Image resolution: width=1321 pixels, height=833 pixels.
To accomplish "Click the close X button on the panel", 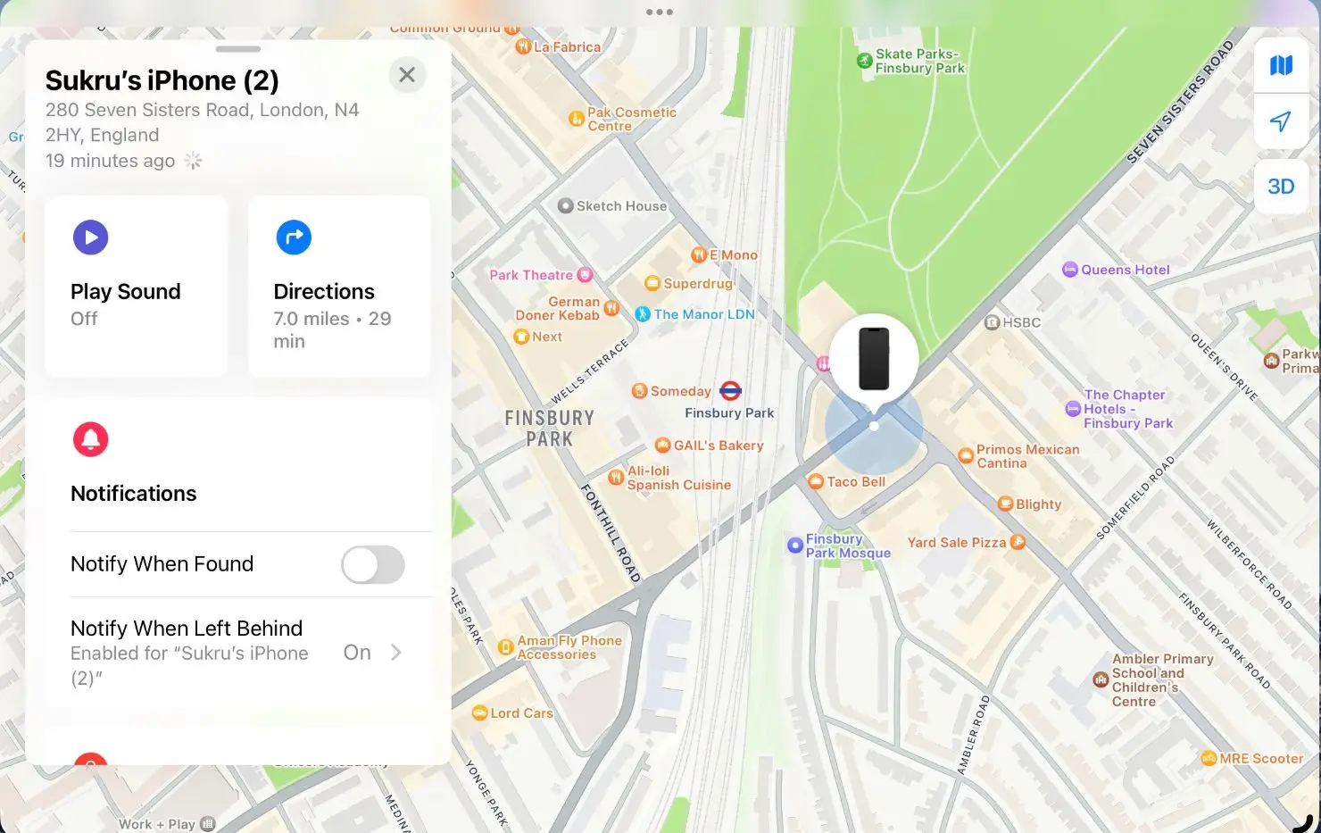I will (407, 75).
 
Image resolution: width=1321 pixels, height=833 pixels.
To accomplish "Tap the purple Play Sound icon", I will (90, 237).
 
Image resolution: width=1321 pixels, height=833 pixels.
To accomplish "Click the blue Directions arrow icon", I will (294, 237).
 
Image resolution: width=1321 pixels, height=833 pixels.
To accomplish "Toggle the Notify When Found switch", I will (373, 565).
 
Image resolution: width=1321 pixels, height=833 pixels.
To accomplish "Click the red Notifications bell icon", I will (90, 439).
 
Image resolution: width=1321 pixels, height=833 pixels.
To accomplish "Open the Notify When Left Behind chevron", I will (396, 653).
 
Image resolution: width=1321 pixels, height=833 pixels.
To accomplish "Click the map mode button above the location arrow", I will (1281, 65).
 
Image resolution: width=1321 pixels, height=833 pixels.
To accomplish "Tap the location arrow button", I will (1281, 122).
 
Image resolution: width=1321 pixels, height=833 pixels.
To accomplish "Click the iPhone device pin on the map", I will (874, 359).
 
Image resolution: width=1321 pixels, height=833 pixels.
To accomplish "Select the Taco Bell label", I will (855, 482).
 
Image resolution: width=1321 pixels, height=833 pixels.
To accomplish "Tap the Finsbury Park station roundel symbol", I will (731, 390).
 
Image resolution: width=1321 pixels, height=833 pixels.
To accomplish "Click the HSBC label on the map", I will (1021, 322).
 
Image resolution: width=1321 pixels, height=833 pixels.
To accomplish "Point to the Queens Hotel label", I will (1125, 270).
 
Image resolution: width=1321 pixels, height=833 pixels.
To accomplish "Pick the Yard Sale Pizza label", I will (956, 543).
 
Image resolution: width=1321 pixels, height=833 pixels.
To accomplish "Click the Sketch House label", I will (621, 206).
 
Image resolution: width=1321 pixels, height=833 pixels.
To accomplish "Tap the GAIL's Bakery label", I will (718, 446).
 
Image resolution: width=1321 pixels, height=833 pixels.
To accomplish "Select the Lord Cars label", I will (521, 713).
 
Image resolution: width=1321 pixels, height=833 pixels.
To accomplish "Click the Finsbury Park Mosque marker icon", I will (794, 546).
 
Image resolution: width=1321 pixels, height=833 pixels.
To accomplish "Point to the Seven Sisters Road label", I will (1179, 103).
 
